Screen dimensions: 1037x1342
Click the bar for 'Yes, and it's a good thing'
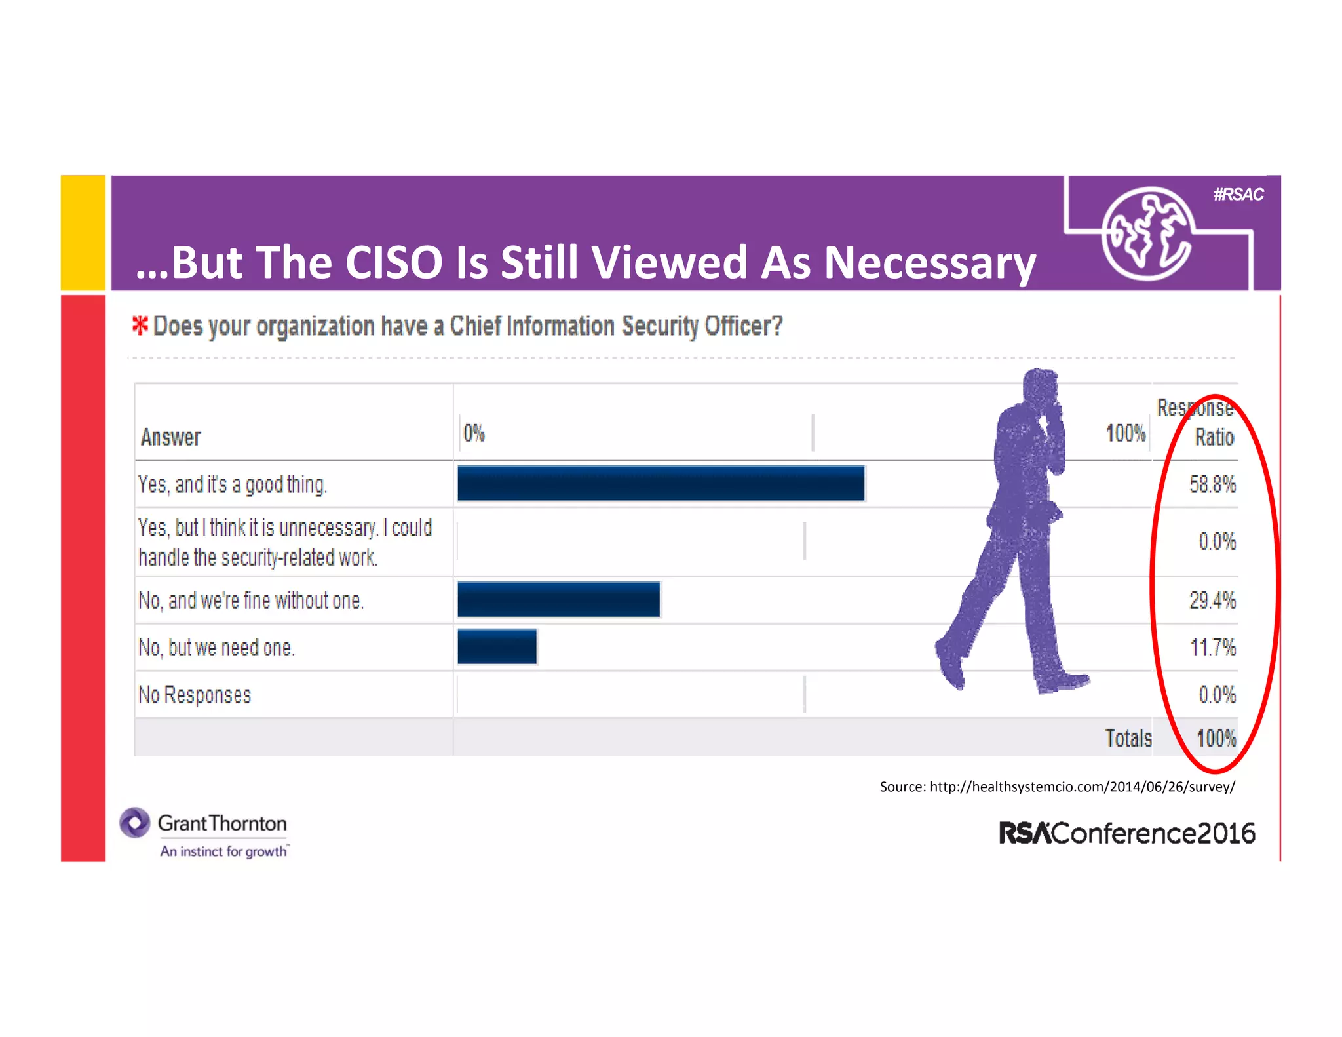click(x=661, y=484)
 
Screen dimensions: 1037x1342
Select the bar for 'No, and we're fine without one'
click(x=558, y=599)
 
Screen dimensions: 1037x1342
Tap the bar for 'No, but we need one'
click(x=497, y=646)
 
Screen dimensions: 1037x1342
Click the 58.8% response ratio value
click(x=1212, y=484)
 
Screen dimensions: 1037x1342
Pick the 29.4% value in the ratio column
click(x=1212, y=600)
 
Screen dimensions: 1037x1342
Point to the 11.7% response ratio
click(x=1212, y=648)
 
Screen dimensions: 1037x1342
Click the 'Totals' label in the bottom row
click(x=1128, y=738)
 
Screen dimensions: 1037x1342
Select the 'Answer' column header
click(x=170, y=437)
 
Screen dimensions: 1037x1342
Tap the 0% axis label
click(x=473, y=433)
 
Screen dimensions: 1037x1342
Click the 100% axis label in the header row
click(x=1125, y=433)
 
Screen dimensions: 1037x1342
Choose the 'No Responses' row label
click(x=195, y=695)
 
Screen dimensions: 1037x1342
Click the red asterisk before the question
click(x=140, y=325)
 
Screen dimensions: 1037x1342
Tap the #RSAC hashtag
click(x=1238, y=195)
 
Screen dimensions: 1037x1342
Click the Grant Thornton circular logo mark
click(x=135, y=823)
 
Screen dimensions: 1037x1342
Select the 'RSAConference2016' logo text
click(x=1126, y=833)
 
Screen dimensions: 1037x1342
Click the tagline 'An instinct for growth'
click(x=223, y=851)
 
